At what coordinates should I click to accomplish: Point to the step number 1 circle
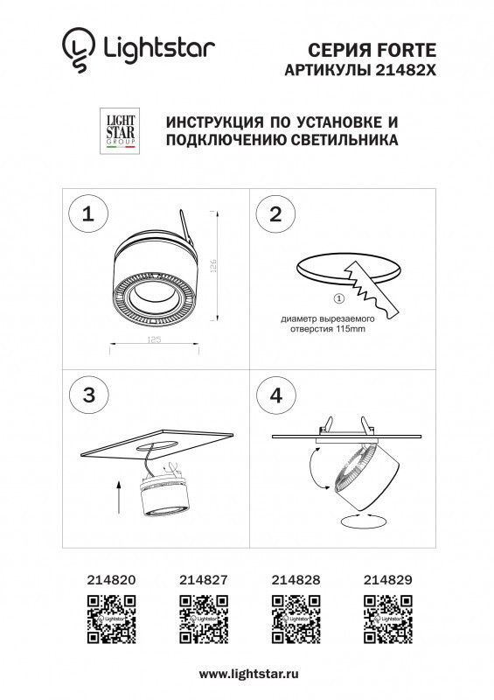pos(87,215)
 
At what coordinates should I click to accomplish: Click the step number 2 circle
pos(276,215)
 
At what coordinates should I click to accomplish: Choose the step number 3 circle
pos(87,395)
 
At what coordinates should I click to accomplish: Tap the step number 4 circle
pos(276,395)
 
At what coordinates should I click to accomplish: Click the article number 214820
pos(111,578)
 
